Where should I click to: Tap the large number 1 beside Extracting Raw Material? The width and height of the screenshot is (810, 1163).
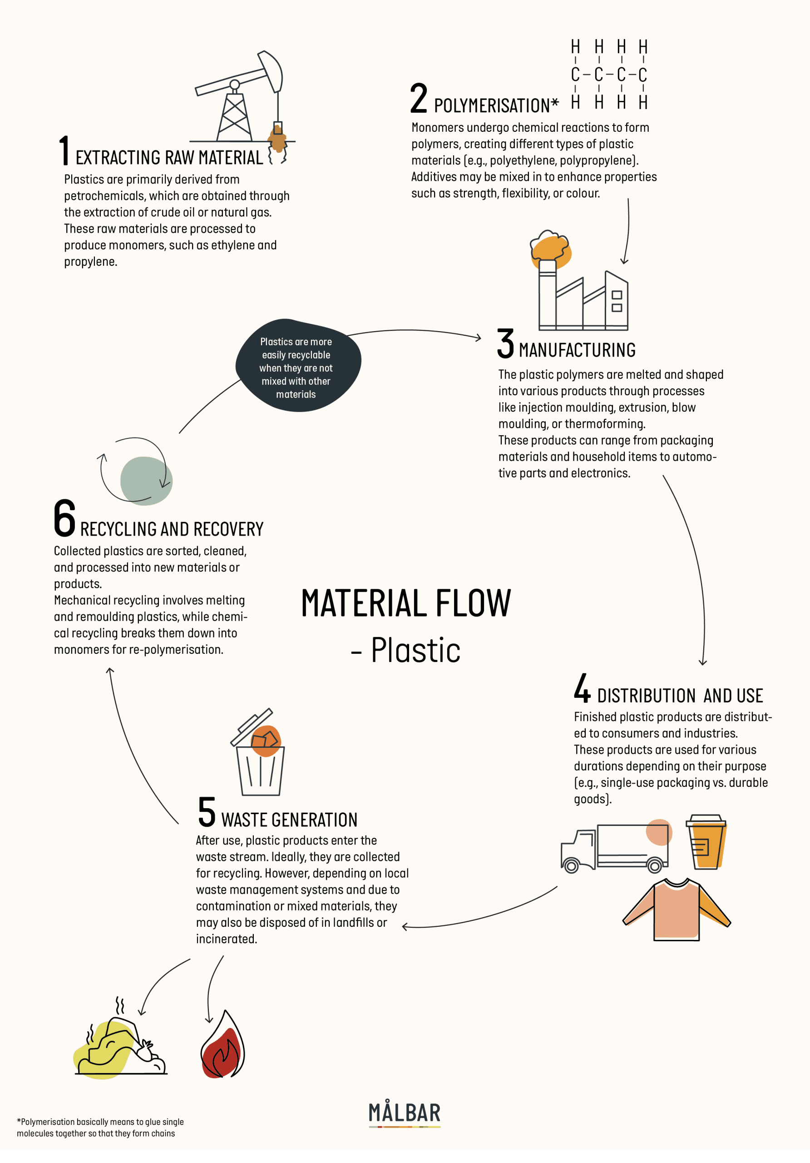tap(64, 150)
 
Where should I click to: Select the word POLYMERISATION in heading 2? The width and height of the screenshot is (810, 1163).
tap(492, 106)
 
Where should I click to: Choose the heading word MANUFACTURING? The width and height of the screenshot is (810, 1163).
tap(577, 350)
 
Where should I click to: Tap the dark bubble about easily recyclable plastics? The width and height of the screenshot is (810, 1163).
tap(298, 365)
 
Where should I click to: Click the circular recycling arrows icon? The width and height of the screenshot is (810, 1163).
tap(136, 471)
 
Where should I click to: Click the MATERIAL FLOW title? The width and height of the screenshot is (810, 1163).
tap(406, 603)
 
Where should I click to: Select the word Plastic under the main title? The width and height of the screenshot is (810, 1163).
tap(415, 650)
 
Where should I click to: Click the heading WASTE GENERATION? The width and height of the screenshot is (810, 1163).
tap(289, 820)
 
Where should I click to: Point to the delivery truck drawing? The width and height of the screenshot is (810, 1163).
tap(616, 847)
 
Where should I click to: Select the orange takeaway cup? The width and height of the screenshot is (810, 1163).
tap(706, 842)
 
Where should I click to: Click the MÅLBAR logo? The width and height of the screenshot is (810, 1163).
tap(405, 1113)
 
